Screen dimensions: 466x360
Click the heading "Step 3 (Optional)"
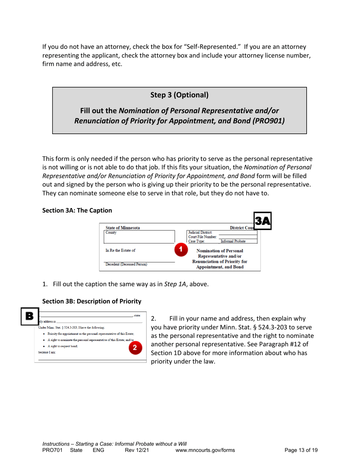coord(180,95)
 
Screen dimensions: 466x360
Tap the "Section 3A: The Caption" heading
coord(77,210)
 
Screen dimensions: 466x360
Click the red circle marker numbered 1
coord(181,250)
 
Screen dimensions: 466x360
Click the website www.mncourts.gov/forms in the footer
coord(205,450)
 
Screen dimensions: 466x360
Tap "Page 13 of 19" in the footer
coord(301,450)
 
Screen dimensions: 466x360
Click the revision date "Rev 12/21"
coord(135,450)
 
